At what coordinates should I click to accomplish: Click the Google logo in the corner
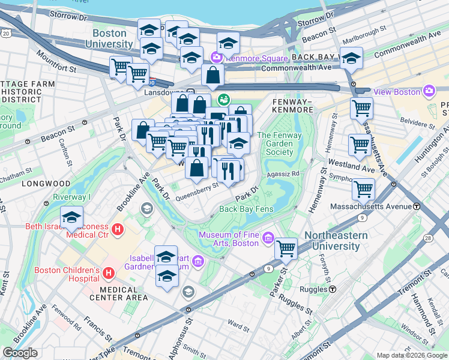(20, 353)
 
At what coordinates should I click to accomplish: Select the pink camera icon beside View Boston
(429, 91)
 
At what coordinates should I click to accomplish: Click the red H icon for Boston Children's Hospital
(109, 274)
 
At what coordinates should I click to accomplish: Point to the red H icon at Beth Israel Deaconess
(118, 229)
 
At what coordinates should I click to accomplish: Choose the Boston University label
(109, 38)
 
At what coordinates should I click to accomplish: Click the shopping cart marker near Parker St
(286, 247)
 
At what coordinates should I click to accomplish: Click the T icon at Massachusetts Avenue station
(416, 206)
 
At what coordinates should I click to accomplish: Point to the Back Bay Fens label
(247, 209)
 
